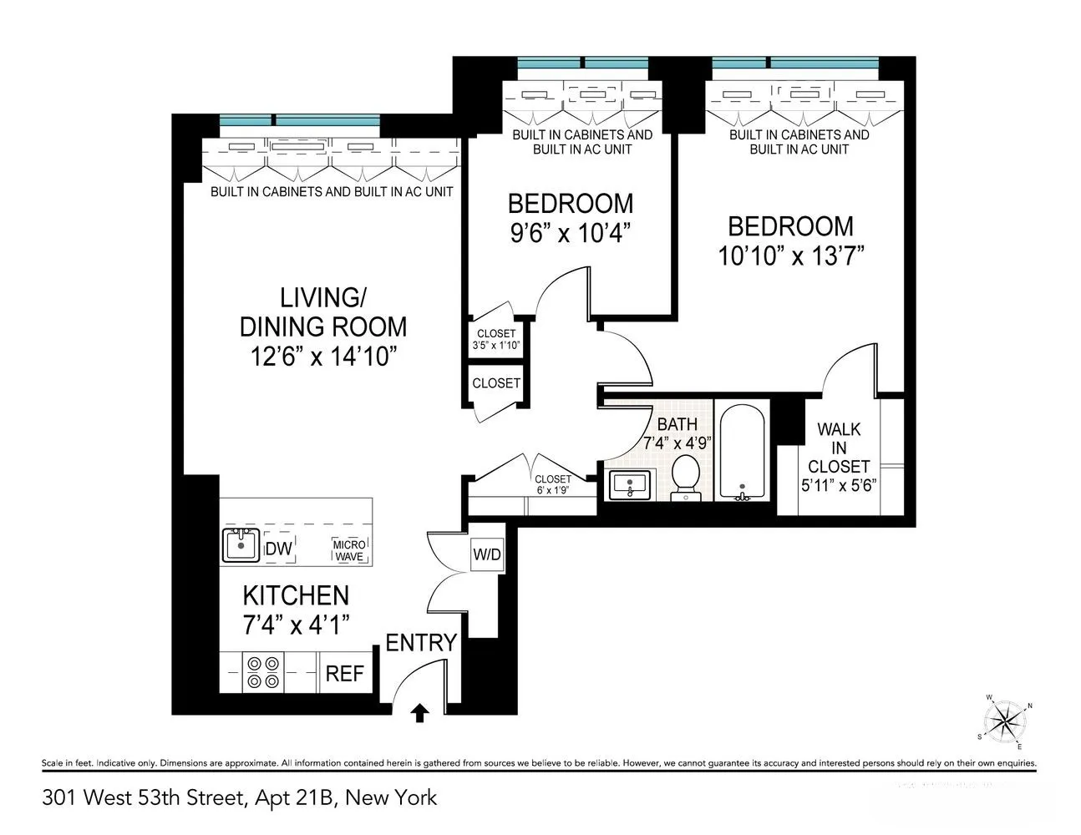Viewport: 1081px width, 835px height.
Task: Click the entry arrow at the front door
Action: pos(421,711)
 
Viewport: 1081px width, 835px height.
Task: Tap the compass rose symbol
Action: pos(1006,719)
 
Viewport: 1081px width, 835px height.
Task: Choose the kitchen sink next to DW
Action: pos(241,545)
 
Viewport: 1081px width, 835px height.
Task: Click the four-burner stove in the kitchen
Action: pos(262,671)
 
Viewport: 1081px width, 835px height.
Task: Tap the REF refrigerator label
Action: pos(343,673)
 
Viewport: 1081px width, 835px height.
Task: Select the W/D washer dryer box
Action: pos(487,554)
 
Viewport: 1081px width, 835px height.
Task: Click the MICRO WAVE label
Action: pos(349,550)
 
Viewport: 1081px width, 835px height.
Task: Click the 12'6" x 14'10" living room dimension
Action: pos(322,357)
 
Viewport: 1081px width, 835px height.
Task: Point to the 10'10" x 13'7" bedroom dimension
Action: pos(790,255)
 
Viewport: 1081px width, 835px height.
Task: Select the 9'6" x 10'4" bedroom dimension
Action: pos(570,232)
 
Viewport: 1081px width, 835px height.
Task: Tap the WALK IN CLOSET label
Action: pos(838,448)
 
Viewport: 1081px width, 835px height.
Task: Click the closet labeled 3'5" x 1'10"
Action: pos(496,340)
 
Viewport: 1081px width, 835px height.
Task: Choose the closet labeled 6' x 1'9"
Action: pos(553,484)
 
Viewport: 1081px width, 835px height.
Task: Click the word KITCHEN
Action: pos(296,595)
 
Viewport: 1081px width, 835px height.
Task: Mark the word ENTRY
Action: pos(421,643)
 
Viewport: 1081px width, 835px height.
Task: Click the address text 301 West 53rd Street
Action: pos(142,797)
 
